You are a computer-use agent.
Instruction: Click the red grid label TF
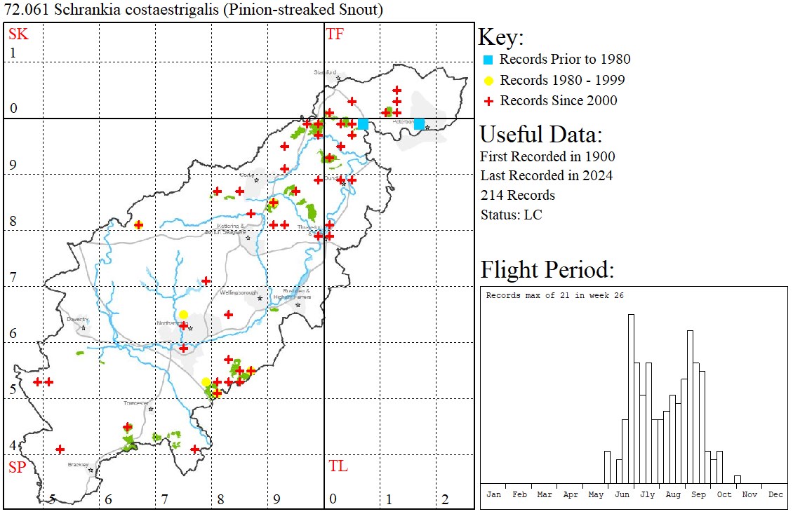point(335,34)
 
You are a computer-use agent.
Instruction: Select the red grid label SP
point(17,467)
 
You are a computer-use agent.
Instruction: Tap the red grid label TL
point(338,466)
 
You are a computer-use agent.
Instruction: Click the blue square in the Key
point(488,60)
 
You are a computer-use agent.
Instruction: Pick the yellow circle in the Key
point(488,80)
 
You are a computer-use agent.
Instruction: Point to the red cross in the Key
point(488,101)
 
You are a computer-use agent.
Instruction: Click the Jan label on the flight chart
point(493,494)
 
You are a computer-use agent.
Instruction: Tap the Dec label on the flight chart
point(775,494)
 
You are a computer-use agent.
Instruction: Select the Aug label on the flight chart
point(672,494)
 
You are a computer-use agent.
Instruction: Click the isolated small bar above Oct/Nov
point(737,479)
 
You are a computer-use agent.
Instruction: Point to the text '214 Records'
point(517,195)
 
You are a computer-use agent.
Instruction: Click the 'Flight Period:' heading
point(547,270)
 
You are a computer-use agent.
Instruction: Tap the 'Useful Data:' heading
point(540,134)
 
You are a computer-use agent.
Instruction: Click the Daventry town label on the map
point(76,319)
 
